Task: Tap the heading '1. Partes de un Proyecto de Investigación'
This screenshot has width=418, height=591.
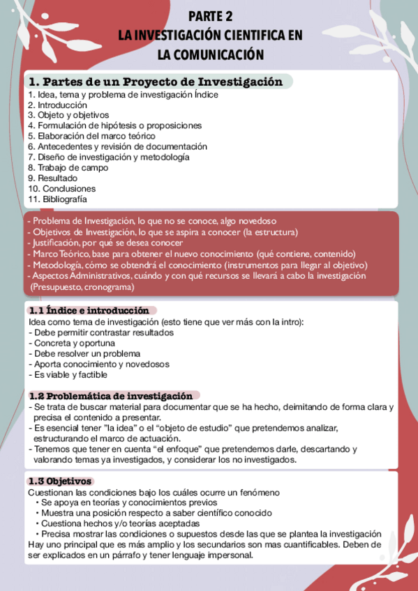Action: [156, 82]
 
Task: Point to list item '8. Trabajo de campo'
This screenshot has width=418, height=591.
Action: [68, 167]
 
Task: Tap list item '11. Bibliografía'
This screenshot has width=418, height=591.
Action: [58, 199]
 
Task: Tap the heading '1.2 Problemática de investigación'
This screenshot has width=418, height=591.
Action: [110, 395]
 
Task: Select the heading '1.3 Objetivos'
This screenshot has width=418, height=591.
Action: [59, 481]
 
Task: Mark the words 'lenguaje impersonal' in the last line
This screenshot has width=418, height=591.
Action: [215, 555]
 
